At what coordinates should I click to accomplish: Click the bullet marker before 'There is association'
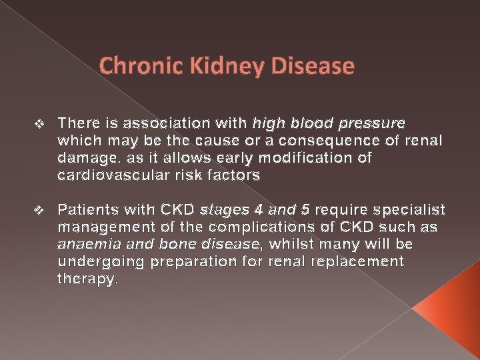(38, 124)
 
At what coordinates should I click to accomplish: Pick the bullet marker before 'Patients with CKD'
(38, 211)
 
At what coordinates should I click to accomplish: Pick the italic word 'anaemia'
(87, 245)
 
